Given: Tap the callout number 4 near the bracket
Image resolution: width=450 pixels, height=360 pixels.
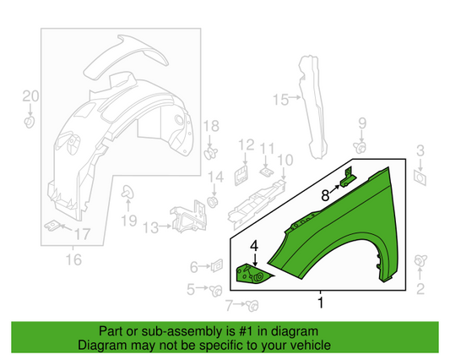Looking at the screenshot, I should (x=252, y=246).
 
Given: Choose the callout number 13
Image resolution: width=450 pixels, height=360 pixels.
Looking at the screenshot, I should (x=149, y=227).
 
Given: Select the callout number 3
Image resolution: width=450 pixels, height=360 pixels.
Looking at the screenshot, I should (x=419, y=151).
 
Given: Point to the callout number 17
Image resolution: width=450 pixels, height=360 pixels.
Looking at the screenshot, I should (x=82, y=233).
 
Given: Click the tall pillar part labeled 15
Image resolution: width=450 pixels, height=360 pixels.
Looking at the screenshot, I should (x=311, y=105).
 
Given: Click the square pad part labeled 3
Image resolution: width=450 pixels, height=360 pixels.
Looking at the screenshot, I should (x=420, y=179).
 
